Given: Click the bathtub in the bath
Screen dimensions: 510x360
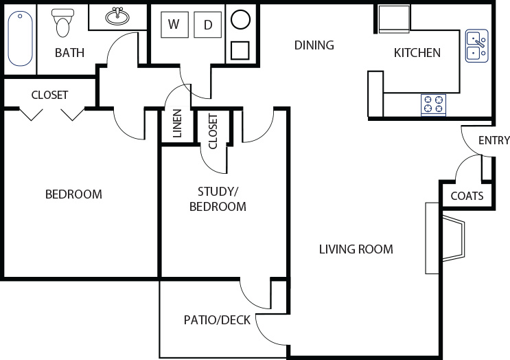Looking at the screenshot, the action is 20,38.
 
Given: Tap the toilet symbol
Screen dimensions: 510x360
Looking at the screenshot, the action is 62,23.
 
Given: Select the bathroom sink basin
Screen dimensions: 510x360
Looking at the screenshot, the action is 117,16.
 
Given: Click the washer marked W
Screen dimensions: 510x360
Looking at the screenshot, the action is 174,25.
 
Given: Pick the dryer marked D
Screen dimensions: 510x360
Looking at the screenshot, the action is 208,25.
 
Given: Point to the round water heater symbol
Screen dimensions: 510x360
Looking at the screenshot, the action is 240,19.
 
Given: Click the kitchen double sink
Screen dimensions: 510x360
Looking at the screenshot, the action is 477,46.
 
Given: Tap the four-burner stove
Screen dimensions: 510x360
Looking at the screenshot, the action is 434,105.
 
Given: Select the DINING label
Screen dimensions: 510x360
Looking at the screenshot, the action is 314,45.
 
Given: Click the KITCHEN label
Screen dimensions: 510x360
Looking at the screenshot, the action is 417,53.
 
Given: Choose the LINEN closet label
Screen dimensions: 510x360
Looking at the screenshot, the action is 177,124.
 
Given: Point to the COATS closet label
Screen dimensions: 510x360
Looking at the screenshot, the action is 467,196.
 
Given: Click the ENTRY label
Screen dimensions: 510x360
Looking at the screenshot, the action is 494,140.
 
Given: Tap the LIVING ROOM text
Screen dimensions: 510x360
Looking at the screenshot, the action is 356,249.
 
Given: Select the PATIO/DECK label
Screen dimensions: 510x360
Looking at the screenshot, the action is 217,320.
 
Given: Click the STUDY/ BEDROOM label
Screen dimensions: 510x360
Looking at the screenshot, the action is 218,199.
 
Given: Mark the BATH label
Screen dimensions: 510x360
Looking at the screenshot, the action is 69,53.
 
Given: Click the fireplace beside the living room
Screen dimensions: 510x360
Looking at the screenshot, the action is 445,238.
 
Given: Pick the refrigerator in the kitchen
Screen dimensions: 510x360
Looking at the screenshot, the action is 393,19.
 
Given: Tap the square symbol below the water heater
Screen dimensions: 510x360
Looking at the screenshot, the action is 240,50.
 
